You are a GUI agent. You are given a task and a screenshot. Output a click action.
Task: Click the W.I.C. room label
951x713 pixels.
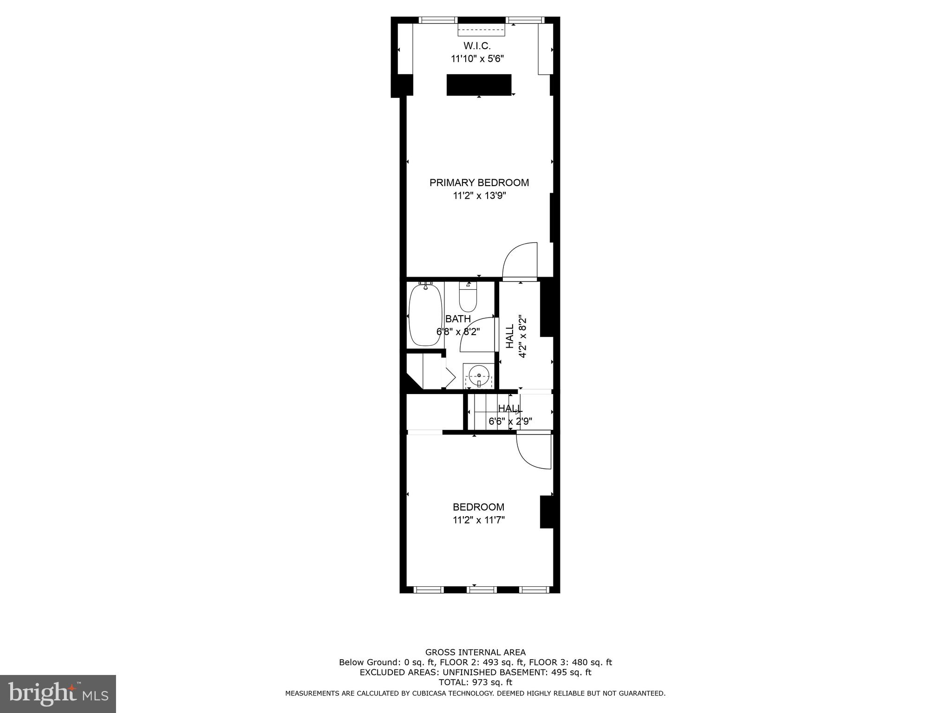[x=477, y=46]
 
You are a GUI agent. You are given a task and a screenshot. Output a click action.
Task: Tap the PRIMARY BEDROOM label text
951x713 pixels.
[x=479, y=182]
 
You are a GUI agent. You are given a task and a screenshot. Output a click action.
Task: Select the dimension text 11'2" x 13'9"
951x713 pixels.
[x=479, y=196]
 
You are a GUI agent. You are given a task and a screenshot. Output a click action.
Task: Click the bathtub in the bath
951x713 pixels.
[x=425, y=315]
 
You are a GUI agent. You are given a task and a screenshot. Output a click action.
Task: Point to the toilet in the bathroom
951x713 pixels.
[x=468, y=298]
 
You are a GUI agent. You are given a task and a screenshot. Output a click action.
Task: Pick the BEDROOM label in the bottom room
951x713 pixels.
[x=478, y=507]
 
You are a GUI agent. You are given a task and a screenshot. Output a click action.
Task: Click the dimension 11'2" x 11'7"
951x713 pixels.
[x=479, y=520]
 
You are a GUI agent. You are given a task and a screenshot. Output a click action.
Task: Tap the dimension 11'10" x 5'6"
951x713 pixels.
[x=477, y=58]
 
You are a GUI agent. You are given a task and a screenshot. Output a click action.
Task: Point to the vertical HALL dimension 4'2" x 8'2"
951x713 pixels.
[x=522, y=337]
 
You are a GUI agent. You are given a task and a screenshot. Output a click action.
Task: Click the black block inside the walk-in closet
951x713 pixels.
[x=479, y=85]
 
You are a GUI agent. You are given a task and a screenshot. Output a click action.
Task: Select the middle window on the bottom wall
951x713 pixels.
[x=482, y=590]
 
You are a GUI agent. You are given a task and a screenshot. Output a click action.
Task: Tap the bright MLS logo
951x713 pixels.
[x=58, y=694]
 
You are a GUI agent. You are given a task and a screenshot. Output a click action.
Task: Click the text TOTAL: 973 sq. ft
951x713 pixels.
[x=475, y=682]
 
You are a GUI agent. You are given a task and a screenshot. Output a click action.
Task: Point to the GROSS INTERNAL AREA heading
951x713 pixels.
[x=475, y=652]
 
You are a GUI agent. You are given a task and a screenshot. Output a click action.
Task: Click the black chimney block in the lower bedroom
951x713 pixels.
[x=547, y=512]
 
